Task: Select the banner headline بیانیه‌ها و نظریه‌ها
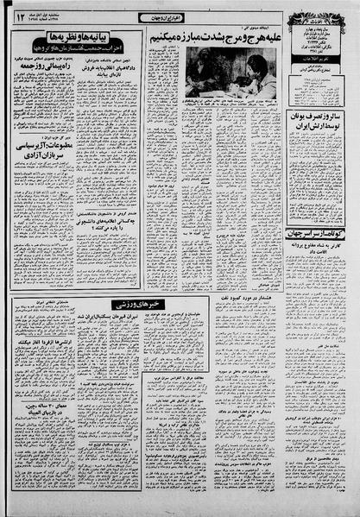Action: (78, 39)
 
